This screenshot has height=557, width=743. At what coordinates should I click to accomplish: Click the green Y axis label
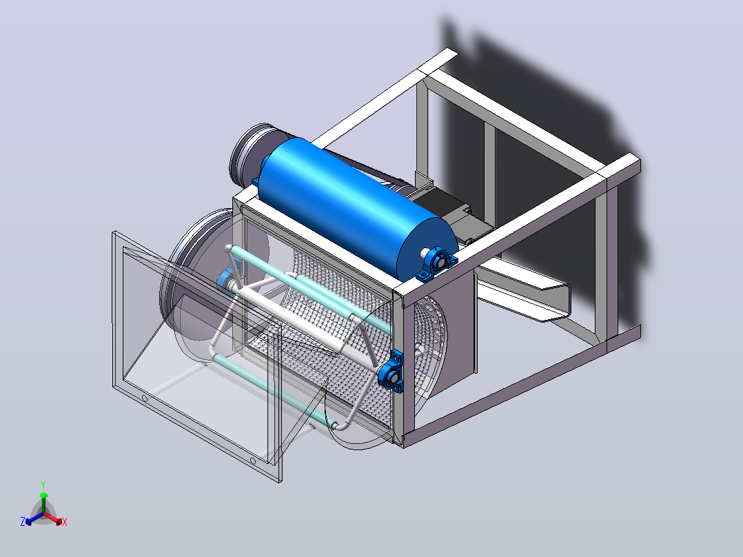tap(43, 485)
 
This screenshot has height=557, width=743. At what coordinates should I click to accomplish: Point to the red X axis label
tap(65, 522)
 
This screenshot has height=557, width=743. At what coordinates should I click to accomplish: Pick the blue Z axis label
tap(22, 522)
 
